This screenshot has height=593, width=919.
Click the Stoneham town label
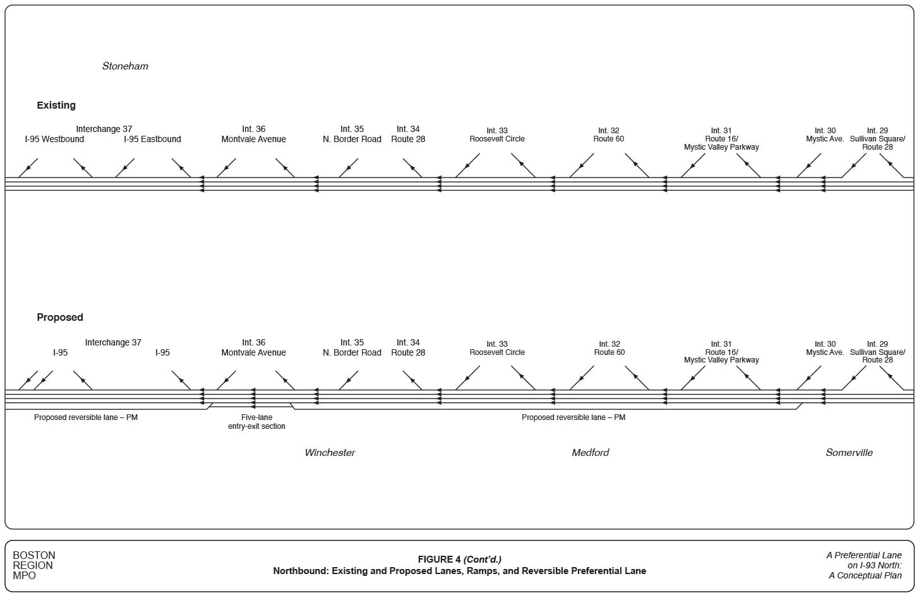coord(125,66)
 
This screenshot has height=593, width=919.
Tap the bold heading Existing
coord(56,105)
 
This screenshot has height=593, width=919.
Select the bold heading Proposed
coord(60,318)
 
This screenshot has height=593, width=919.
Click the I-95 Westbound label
coord(54,140)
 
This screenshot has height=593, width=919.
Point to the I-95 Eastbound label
coord(152,140)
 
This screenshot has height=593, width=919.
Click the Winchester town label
coord(330,453)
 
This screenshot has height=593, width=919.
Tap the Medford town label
coord(591,453)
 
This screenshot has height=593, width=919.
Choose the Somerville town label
coord(849,453)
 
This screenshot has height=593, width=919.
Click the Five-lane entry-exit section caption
coord(256,422)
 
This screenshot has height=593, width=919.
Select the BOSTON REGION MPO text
coord(34,565)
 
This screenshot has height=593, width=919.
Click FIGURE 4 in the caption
coord(440,560)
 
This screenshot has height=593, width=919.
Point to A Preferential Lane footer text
coord(864,556)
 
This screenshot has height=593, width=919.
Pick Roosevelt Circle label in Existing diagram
coord(497,139)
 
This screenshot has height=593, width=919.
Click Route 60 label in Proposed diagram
coord(610,352)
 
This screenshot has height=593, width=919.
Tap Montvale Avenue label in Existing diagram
coord(253,140)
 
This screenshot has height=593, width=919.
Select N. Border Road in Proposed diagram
coord(352,353)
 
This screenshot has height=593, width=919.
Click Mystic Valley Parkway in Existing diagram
coord(721,147)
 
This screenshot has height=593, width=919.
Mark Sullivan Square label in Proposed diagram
coord(877,352)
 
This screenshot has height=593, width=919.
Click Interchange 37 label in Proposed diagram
coord(113,343)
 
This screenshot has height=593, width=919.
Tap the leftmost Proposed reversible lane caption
coord(86,417)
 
